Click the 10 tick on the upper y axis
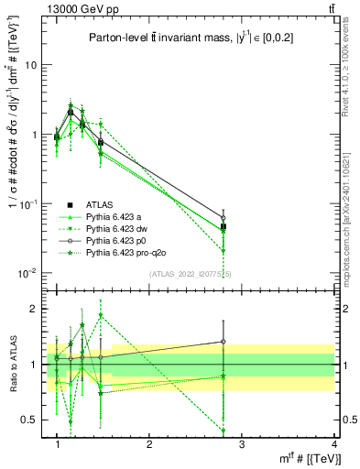click(31, 65)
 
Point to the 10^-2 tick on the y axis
click(28, 272)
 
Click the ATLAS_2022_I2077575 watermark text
click(191, 274)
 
